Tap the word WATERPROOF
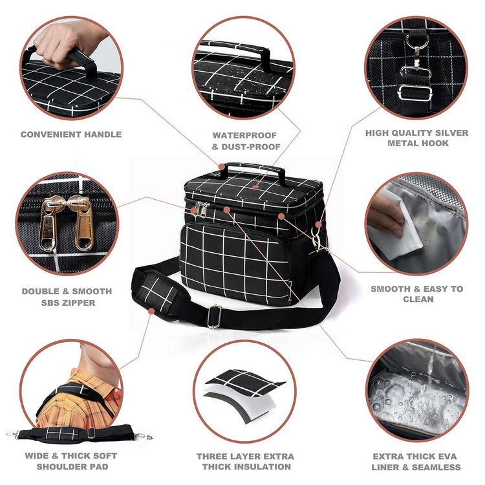(244, 136)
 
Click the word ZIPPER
(80, 303)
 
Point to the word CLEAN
(418, 299)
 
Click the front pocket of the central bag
(235, 261)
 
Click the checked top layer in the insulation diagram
(245, 383)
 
